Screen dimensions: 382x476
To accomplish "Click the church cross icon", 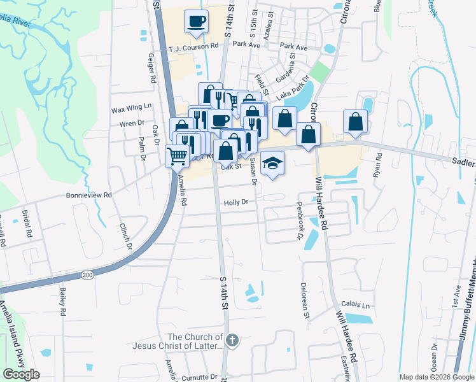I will tap(232, 341).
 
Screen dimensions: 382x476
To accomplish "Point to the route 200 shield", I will tap(88, 274).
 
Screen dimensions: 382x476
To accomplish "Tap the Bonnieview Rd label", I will tap(89, 196).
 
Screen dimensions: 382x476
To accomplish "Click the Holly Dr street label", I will tap(235, 202).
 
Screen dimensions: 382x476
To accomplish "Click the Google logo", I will tap(21, 374).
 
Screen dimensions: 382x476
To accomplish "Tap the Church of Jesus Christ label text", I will tap(195, 341).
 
